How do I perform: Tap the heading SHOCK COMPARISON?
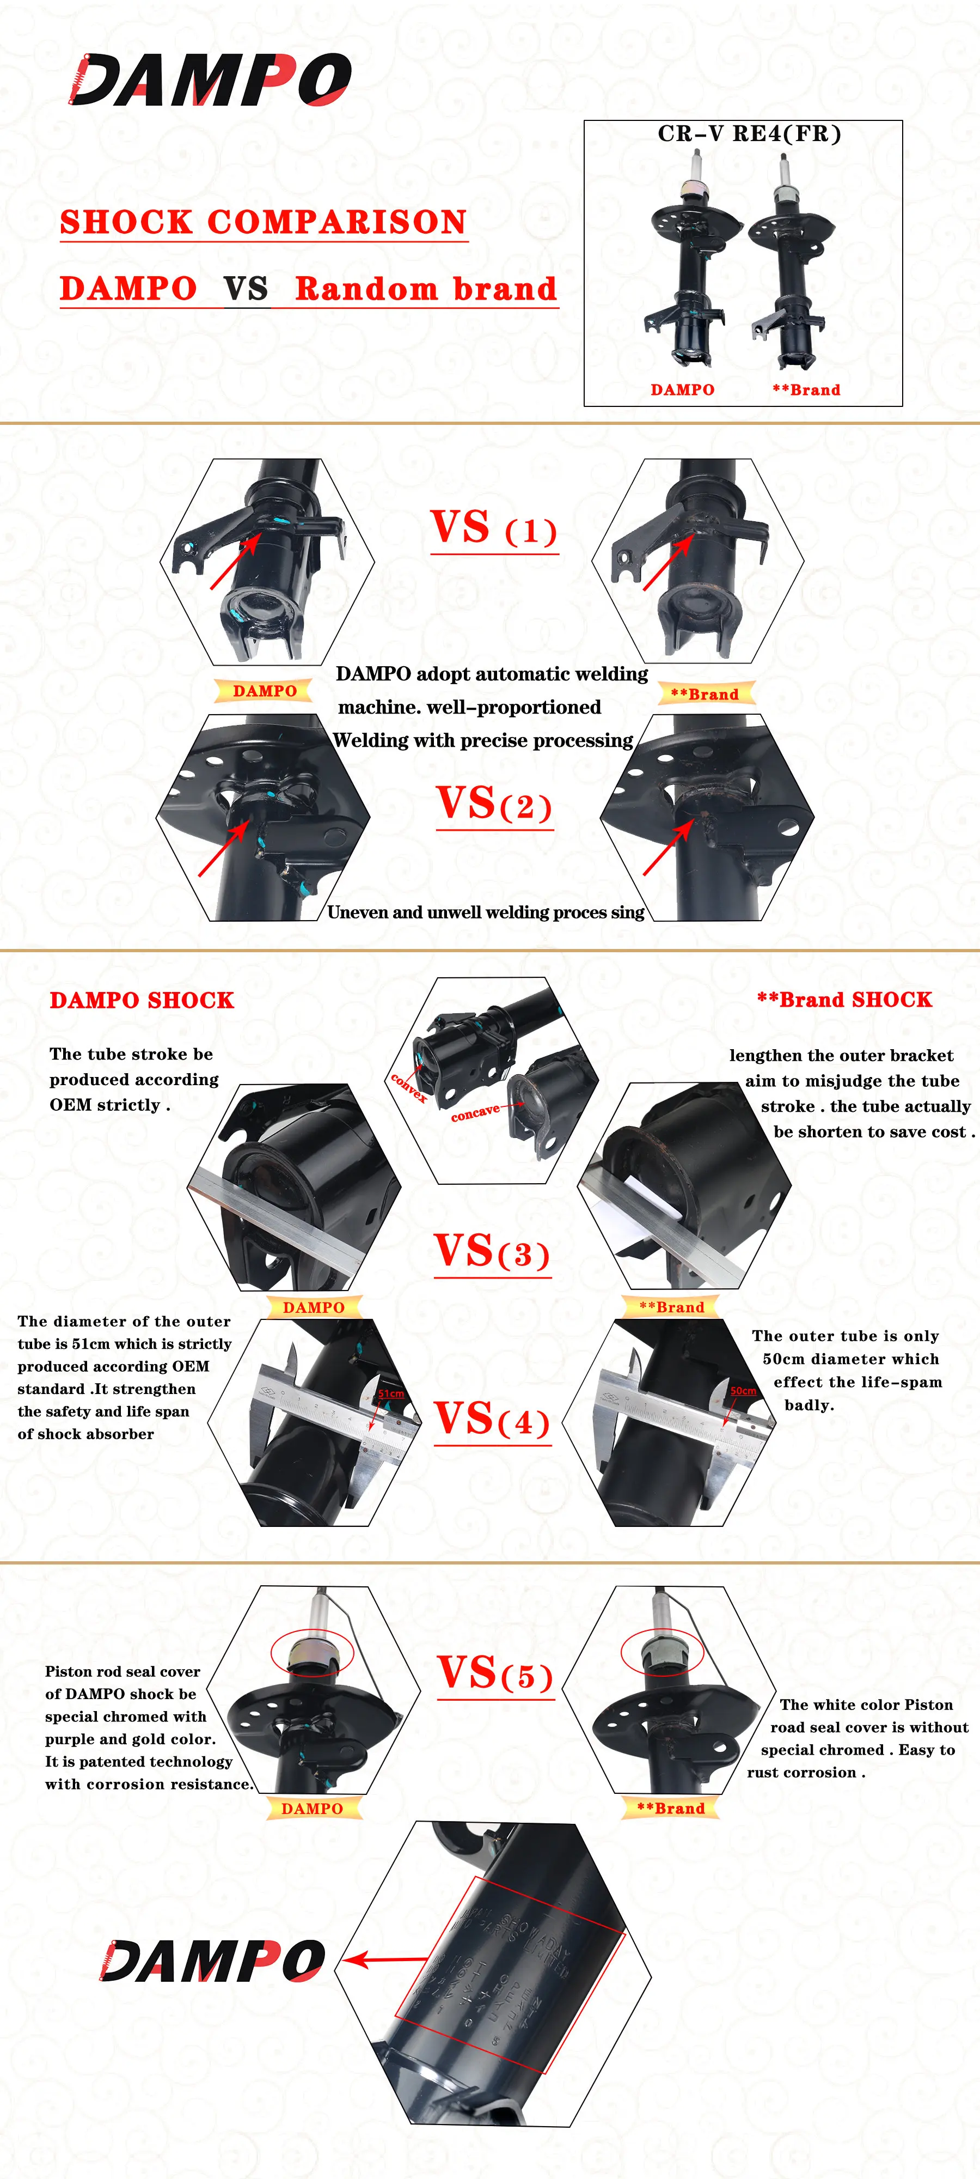click(x=263, y=222)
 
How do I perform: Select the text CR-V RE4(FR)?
click(x=749, y=133)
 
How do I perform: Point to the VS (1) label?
click(x=494, y=528)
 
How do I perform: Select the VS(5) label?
click(x=495, y=1674)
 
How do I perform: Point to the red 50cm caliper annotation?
click(x=743, y=1391)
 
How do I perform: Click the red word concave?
click(x=475, y=1113)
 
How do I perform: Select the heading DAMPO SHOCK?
click(x=141, y=1001)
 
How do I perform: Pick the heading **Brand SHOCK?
click(x=844, y=1000)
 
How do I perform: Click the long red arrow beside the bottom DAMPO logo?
click(x=387, y=1959)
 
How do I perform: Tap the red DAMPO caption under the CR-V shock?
click(x=682, y=390)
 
